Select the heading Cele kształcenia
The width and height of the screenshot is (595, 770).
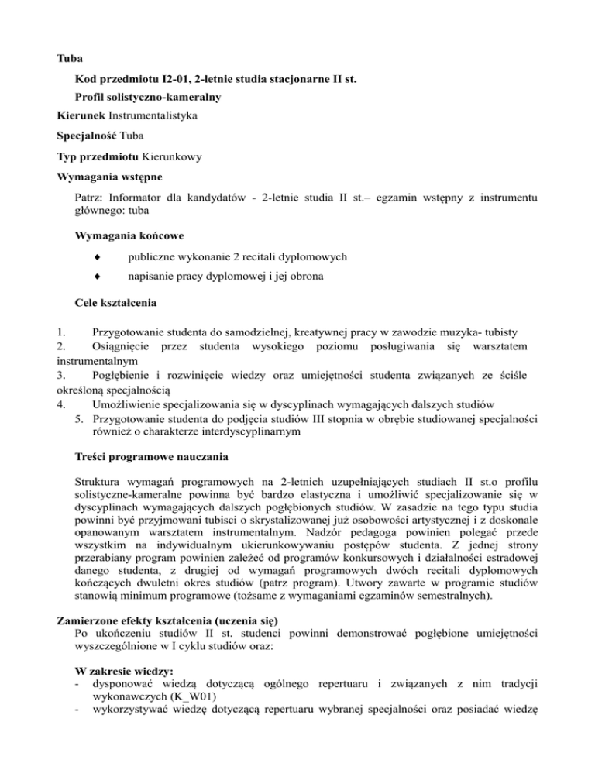(116, 302)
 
